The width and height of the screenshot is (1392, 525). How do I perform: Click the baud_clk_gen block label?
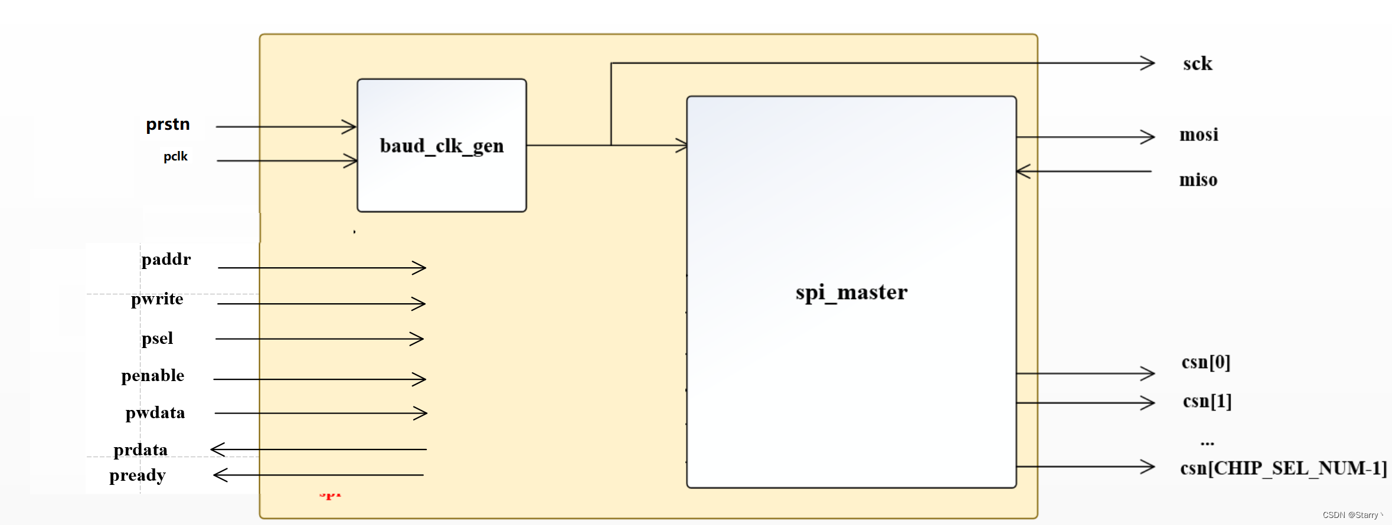pyautogui.click(x=442, y=146)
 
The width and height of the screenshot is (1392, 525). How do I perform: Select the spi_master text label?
pyautogui.click(x=851, y=293)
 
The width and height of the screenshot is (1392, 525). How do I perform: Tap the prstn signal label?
pyautogui.click(x=168, y=124)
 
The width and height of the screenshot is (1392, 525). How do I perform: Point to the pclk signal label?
pyautogui.click(x=175, y=156)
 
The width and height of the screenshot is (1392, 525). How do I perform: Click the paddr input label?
pyautogui.click(x=166, y=260)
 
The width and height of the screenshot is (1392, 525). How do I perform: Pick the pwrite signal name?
pyautogui.click(x=157, y=299)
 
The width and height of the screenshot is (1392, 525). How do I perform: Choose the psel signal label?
pyautogui.click(x=157, y=339)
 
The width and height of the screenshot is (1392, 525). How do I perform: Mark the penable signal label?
pyautogui.click(x=152, y=376)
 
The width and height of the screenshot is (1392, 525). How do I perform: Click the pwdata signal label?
pyautogui.click(x=155, y=413)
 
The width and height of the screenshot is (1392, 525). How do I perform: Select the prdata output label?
pyautogui.click(x=140, y=450)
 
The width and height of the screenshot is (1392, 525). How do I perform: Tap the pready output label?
pyautogui.click(x=138, y=475)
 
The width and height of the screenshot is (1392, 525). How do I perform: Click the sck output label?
pyautogui.click(x=1197, y=64)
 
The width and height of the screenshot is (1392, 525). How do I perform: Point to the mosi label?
pyautogui.click(x=1198, y=135)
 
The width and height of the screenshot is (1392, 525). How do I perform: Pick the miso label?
pyautogui.click(x=1198, y=180)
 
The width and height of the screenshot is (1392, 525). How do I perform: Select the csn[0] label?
pyautogui.click(x=1205, y=362)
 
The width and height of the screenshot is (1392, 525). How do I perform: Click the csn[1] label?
pyautogui.click(x=1207, y=401)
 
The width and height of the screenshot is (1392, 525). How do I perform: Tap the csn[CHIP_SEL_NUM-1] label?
pyautogui.click(x=1283, y=468)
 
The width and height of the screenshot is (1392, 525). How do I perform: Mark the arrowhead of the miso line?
pyautogui.click(x=1023, y=172)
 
